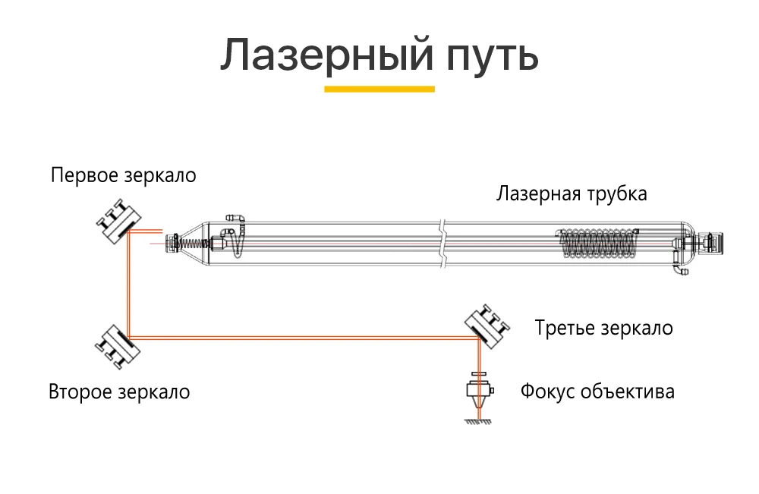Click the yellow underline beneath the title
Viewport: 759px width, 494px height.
pos(379,89)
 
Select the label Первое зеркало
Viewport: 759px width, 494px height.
pos(124,176)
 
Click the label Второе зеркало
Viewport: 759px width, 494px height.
pos(119,392)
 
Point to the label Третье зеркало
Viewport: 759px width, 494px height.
pos(603,329)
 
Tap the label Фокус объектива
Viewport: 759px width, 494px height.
pos(597,392)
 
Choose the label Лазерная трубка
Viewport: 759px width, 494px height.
pos(572,194)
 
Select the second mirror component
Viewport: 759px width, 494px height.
pos(116,346)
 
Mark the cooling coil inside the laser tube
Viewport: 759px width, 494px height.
pos(597,244)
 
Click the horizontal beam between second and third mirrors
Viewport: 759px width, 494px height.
pos(304,338)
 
